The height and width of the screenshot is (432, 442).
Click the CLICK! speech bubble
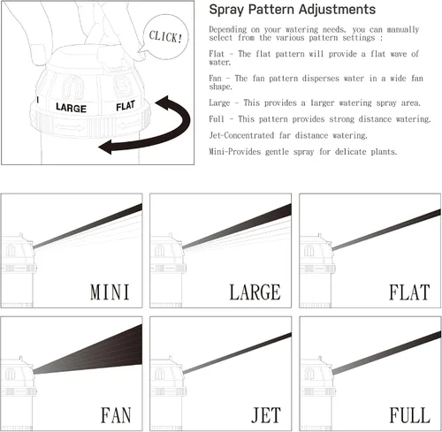click(x=165, y=37)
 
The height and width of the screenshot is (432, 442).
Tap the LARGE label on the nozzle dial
click(x=71, y=108)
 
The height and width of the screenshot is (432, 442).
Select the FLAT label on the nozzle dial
click(x=126, y=106)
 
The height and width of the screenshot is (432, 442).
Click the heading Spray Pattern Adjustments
click(x=293, y=10)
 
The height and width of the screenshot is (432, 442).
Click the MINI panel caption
click(x=110, y=292)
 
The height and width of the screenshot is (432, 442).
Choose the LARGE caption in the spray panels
click(x=255, y=292)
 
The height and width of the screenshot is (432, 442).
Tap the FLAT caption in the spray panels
click(x=409, y=292)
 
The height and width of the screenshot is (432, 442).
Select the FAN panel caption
click(x=116, y=415)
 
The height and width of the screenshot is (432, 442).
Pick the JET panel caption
click(x=266, y=415)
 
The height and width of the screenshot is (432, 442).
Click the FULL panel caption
click(x=409, y=415)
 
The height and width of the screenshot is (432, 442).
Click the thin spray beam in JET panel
click(x=237, y=353)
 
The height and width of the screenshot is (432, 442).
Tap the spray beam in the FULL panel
click(x=386, y=352)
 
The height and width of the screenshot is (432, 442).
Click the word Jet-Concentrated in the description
click(x=241, y=135)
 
